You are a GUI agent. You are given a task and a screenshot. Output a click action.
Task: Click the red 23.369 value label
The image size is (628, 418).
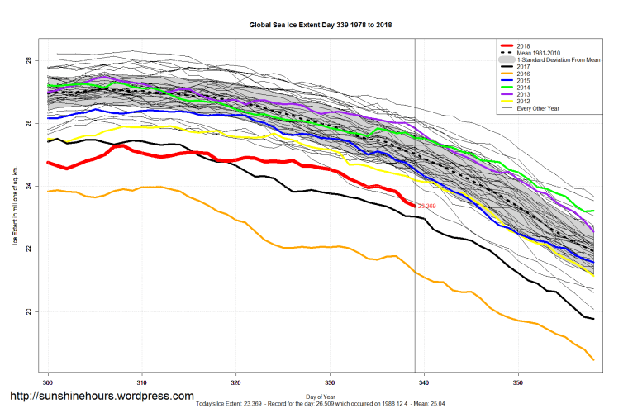pos(427,206)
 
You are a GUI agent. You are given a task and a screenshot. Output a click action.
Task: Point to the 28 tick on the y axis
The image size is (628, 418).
pos(28,61)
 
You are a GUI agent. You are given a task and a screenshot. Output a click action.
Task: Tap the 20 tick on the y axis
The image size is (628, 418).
pos(28,312)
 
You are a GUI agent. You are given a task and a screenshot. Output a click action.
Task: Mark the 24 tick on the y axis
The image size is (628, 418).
pos(28,187)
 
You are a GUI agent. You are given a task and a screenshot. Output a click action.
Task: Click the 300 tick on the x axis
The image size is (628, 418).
pos(48,383)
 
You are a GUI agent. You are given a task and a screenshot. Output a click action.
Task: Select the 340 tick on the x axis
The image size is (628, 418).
pos(424,383)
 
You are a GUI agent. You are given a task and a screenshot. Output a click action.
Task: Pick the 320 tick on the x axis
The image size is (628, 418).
pos(236,383)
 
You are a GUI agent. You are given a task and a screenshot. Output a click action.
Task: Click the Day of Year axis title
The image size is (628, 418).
pos(319,397)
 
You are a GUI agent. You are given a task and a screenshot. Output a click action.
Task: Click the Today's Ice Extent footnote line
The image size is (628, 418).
pos(319,404)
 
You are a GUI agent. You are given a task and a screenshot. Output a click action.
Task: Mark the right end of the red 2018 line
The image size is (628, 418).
pos(413,205)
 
